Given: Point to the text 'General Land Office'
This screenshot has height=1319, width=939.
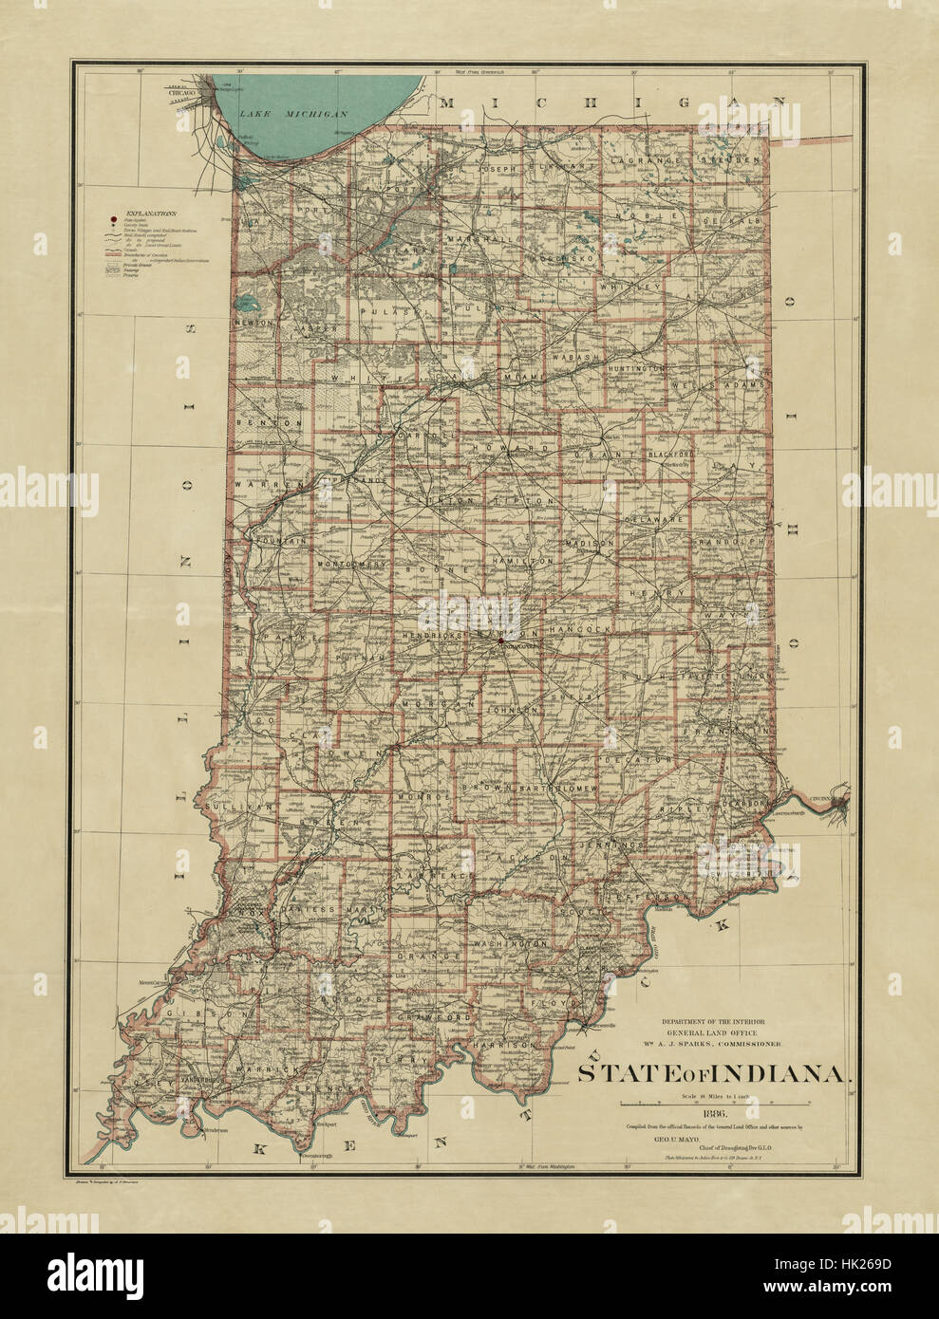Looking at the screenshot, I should click(715, 1031).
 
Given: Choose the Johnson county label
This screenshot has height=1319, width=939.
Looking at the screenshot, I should click(514, 709).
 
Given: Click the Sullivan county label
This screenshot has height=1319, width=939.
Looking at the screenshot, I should click(231, 806).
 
